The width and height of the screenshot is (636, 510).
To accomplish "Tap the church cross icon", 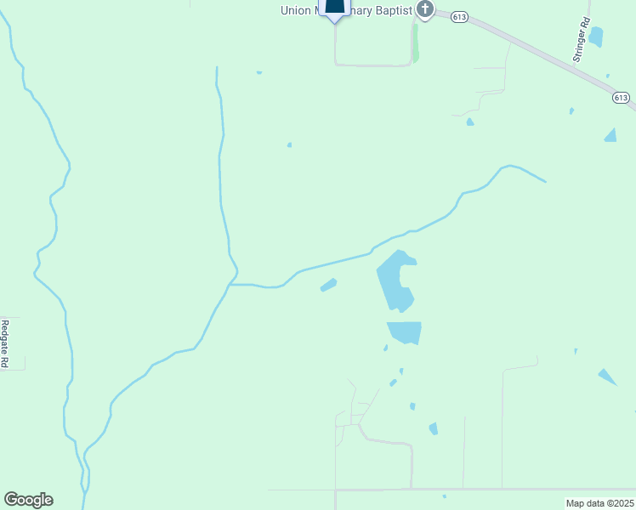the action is [x=424, y=10].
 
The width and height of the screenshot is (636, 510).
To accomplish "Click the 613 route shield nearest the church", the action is [x=459, y=17].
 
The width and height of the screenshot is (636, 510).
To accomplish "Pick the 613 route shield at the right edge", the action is [x=622, y=98].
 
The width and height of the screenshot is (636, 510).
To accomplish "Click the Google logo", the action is [x=28, y=500].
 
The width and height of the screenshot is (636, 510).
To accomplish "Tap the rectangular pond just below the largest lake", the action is [x=406, y=331].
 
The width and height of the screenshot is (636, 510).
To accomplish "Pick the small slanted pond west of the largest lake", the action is [x=328, y=285].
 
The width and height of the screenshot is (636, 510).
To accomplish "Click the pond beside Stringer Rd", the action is [x=595, y=37].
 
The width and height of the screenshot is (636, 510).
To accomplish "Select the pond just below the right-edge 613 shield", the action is [x=610, y=135].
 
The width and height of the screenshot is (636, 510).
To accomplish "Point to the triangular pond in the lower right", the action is [x=607, y=377].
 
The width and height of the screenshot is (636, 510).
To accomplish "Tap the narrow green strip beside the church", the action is [x=415, y=42].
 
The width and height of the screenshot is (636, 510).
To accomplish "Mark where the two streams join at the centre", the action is [x=230, y=284].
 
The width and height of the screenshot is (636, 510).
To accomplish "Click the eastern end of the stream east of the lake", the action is [x=544, y=181].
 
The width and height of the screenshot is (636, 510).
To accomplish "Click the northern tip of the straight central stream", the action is [x=217, y=68].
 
